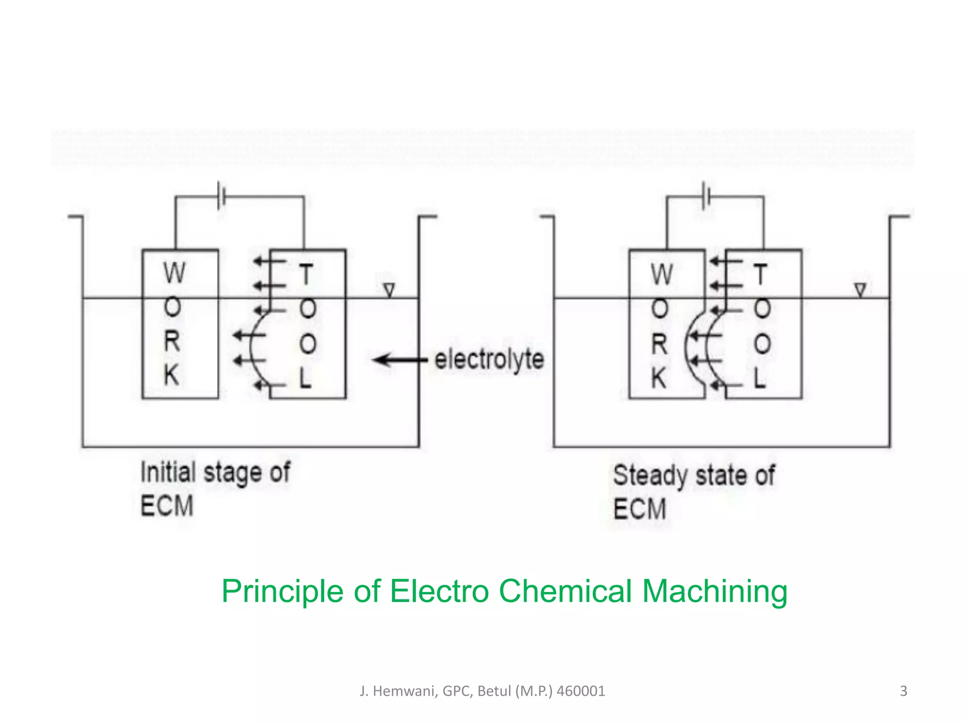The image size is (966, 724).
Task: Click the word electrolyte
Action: pos(489,361)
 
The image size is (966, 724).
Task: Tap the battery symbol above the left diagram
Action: pos(221,196)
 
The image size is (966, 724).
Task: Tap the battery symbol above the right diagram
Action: pos(706,196)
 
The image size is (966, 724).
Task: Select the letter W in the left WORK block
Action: pos(174,273)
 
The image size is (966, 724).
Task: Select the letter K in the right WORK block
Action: pos(659,378)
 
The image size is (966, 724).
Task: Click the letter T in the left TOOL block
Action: pos(306,274)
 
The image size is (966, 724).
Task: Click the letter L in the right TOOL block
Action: pos(759,378)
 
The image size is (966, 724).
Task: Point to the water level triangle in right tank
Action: pos(860,290)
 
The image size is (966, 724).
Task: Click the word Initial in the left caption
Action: pos(168,472)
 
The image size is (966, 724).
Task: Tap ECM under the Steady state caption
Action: pos(640,509)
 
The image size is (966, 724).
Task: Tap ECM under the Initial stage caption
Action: pos(167,506)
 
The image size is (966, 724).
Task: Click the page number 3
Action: pos(903,691)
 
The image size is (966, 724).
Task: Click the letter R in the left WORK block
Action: pos(172,341)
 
